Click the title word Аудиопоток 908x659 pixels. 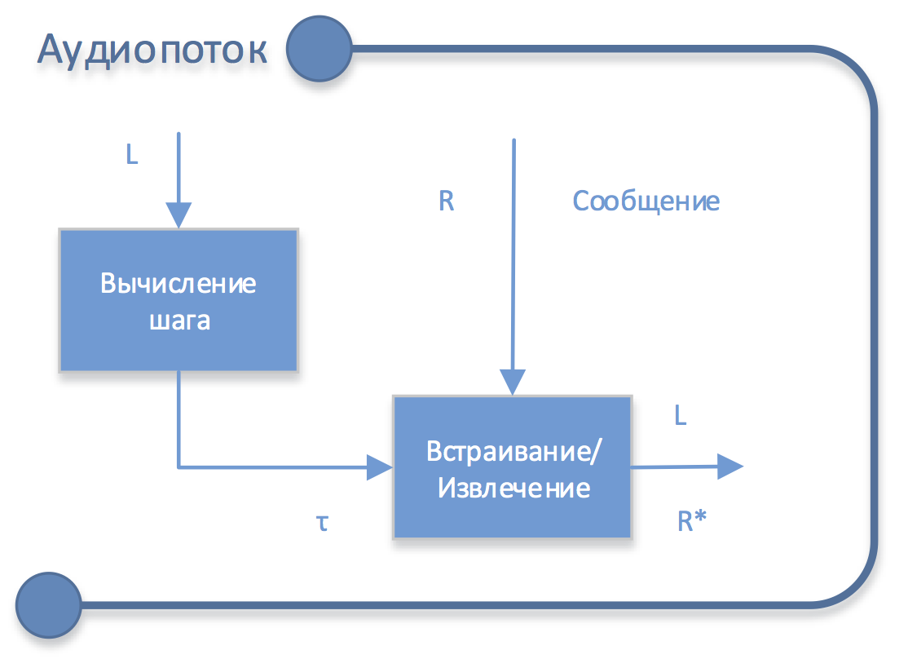click(152, 50)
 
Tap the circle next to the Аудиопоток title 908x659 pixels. click(319, 50)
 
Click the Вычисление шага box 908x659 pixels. click(179, 301)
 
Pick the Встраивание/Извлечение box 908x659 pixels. click(513, 467)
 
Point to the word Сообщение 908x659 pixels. click(646, 201)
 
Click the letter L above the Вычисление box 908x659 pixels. click(132, 155)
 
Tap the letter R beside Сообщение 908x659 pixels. click(446, 201)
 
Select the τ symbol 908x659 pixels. click(323, 522)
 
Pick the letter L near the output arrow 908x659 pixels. click(681, 416)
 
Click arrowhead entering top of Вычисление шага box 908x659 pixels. click(179, 216)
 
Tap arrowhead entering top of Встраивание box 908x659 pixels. click(513, 383)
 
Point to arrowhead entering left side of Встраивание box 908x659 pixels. click(380, 467)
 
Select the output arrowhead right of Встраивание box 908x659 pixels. click(729, 467)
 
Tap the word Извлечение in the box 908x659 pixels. click(514, 489)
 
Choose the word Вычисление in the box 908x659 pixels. click(179, 284)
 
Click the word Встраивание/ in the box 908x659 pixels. click(514, 451)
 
